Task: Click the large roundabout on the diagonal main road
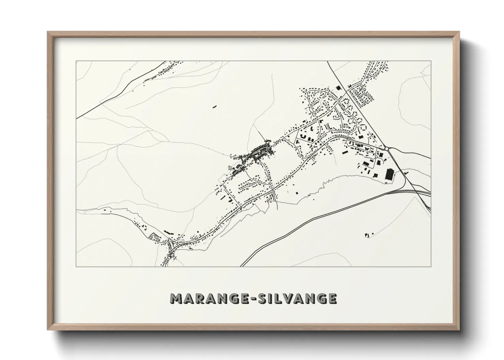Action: [387, 148]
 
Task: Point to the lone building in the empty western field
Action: [215, 107]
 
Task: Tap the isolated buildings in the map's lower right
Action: [367, 234]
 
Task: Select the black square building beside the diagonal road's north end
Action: [338, 88]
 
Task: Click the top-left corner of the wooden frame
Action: [48, 32]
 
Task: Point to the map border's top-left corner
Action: [76, 61]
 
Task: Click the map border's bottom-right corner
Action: [431, 266]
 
